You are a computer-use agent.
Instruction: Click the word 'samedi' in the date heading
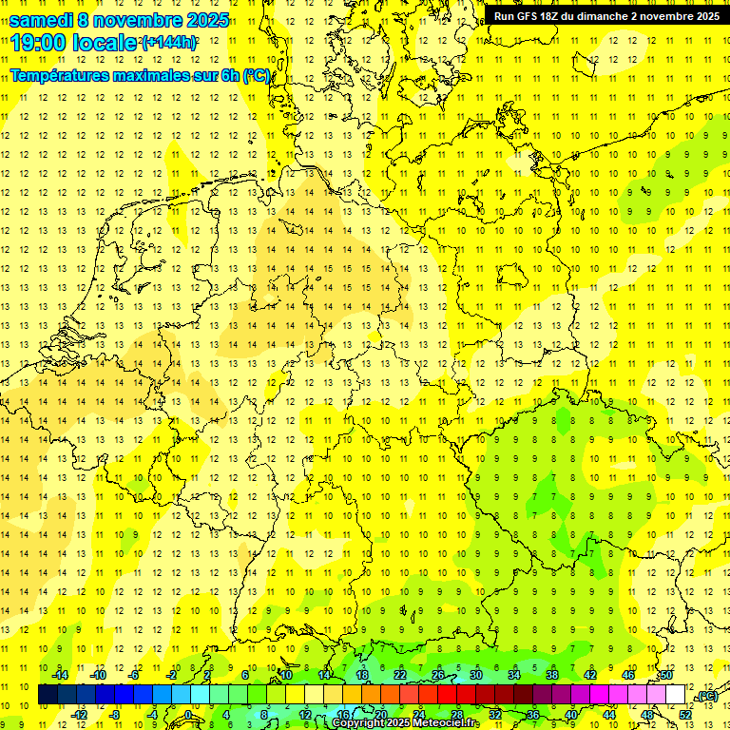[x=41, y=20]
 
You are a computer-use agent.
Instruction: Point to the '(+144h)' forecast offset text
[x=169, y=43]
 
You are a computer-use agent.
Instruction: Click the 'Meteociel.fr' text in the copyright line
[x=446, y=723]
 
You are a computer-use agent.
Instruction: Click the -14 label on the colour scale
[x=61, y=675]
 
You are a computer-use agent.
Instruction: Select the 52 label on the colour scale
[x=685, y=714]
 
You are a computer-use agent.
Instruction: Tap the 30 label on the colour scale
[x=477, y=675]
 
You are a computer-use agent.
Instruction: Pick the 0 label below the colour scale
[x=187, y=714]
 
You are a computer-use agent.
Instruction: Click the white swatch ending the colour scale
[x=676, y=695]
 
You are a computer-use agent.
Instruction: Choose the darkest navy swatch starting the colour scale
[x=48, y=695]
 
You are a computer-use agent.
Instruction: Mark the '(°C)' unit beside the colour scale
[x=706, y=696]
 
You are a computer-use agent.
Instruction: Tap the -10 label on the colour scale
[x=98, y=675]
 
